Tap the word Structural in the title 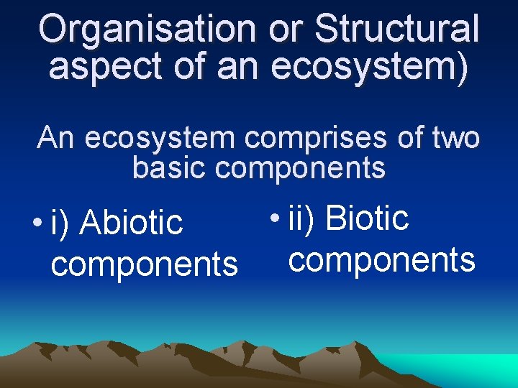(396, 29)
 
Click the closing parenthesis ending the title (461, 66)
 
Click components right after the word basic (300, 169)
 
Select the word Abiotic (132, 222)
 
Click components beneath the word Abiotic (144, 264)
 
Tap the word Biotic (367, 217)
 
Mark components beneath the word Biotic (381, 259)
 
